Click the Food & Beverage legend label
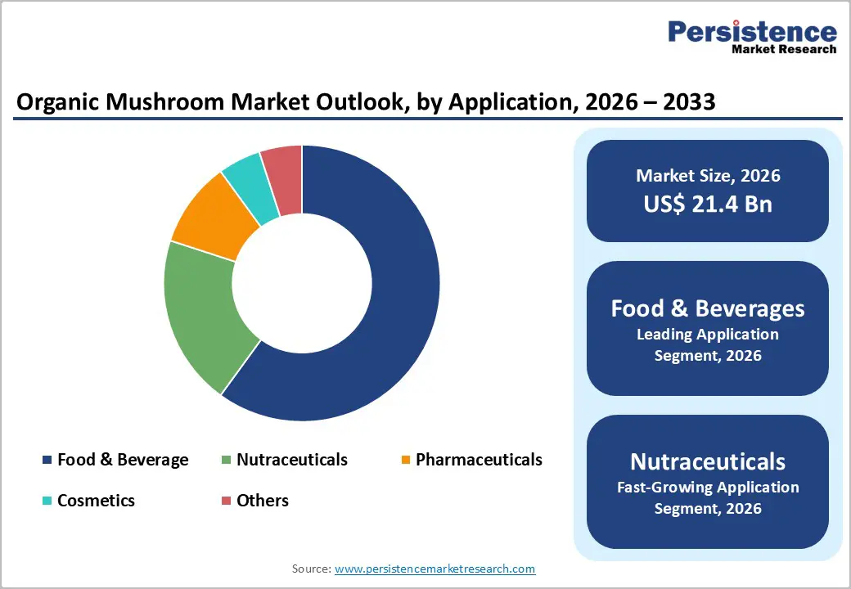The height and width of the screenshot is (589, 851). (x=123, y=460)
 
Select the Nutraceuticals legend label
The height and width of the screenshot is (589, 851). (x=291, y=460)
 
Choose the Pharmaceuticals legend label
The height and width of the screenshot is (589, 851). (x=479, y=460)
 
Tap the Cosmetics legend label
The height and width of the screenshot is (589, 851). (x=96, y=500)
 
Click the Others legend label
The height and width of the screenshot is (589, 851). (x=263, y=500)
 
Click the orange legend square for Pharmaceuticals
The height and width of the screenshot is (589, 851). (x=405, y=461)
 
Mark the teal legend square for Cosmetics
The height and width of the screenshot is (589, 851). (x=47, y=501)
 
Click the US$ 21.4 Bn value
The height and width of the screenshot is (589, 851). (x=708, y=204)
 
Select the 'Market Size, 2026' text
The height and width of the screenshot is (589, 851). (x=708, y=176)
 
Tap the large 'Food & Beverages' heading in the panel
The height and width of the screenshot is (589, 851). (x=708, y=308)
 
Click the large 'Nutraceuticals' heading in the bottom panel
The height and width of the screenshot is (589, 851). (x=708, y=461)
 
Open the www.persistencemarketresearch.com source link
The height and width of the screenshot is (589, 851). (x=435, y=569)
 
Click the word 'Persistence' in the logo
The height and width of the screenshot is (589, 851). (x=752, y=32)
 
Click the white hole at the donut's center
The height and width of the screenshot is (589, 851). (x=302, y=283)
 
